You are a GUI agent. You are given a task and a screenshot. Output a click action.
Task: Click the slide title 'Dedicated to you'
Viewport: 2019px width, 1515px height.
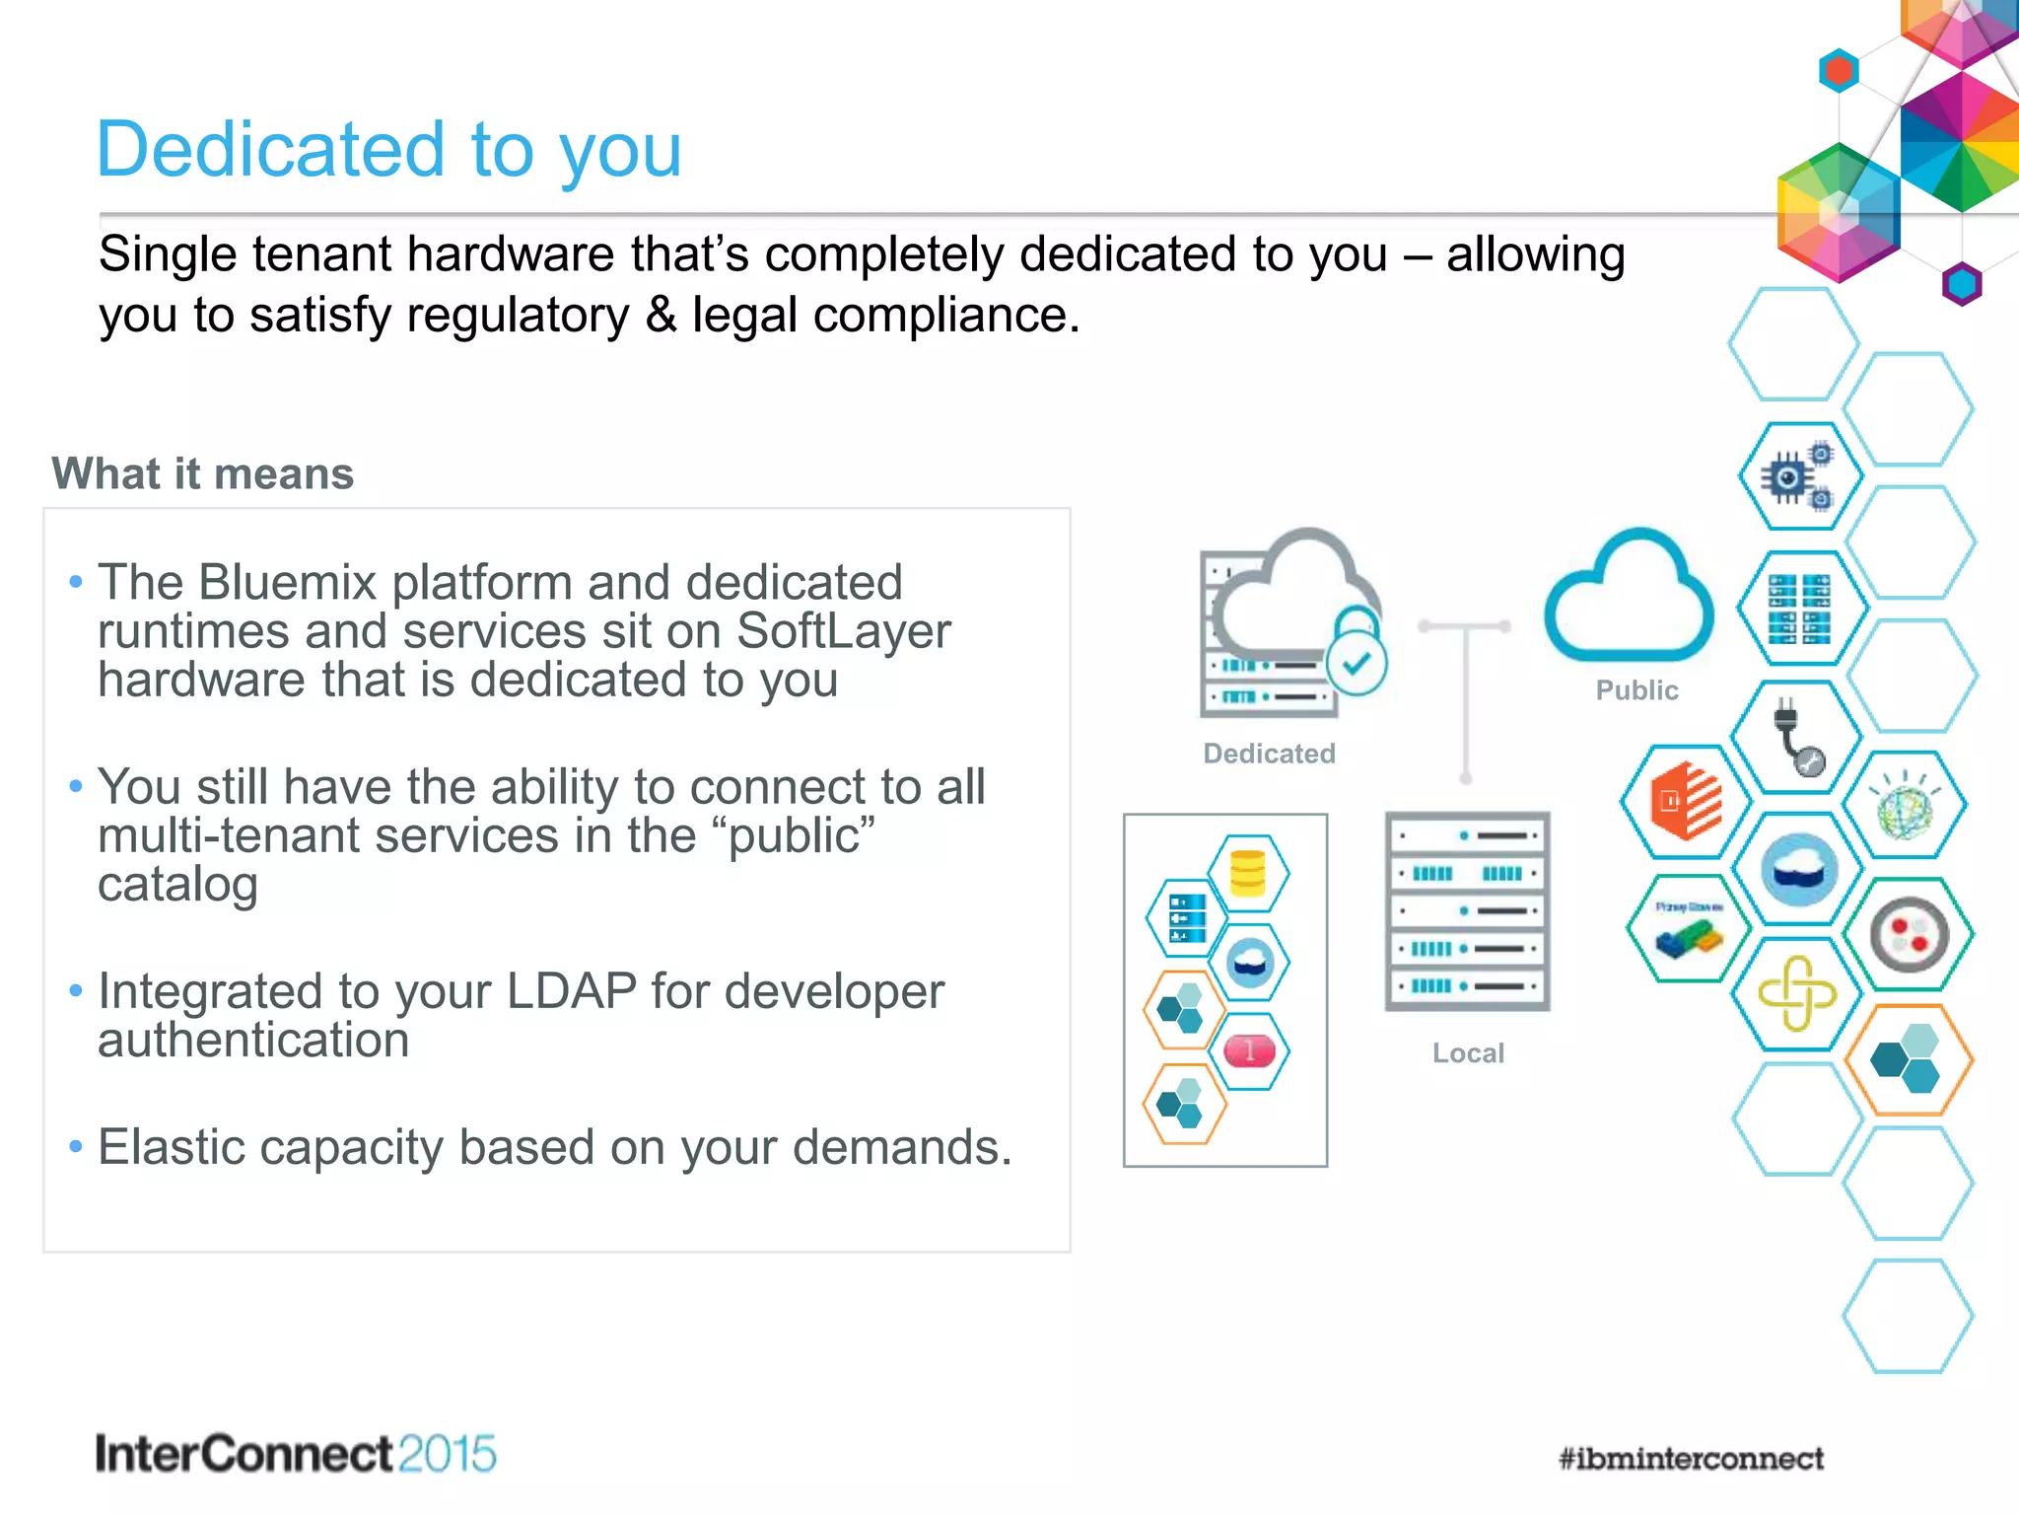coord(388,150)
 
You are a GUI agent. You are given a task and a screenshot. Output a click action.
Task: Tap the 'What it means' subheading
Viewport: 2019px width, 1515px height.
coord(202,473)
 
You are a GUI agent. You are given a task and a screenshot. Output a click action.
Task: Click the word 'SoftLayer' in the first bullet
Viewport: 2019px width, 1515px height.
coord(843,631)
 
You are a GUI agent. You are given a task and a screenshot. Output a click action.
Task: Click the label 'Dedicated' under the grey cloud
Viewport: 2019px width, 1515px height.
coord(1269,754)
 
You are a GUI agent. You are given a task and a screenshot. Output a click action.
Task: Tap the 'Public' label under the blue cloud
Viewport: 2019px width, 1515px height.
coord(1636,690)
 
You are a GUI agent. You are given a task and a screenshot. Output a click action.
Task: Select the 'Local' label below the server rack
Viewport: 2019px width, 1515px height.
coord(1468,1053)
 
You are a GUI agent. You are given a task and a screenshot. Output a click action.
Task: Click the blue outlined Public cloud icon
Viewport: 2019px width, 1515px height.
coord(1629,600)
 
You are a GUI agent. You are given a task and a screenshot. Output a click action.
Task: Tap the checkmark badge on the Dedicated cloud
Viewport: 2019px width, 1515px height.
coord(1357,664)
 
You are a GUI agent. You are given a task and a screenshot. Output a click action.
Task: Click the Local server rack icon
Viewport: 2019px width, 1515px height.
coord(1467,911)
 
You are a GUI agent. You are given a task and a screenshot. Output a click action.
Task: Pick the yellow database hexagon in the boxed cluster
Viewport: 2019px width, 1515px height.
coord(1248,873)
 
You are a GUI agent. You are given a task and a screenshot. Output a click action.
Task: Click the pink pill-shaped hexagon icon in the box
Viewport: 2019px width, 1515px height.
coord(1249,1050)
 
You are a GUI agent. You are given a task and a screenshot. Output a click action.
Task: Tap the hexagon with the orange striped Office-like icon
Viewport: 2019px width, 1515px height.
coord(1686,801)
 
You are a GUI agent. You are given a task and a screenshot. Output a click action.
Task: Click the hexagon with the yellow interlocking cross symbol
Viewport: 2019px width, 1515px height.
coord(1796,993)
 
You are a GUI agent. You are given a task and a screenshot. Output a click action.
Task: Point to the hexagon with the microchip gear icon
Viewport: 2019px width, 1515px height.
coord(1799,476)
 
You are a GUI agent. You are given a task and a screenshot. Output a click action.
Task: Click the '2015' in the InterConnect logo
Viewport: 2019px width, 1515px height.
coord(448,1454)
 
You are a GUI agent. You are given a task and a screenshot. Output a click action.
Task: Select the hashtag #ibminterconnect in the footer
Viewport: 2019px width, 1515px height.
coord(1691,1458)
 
